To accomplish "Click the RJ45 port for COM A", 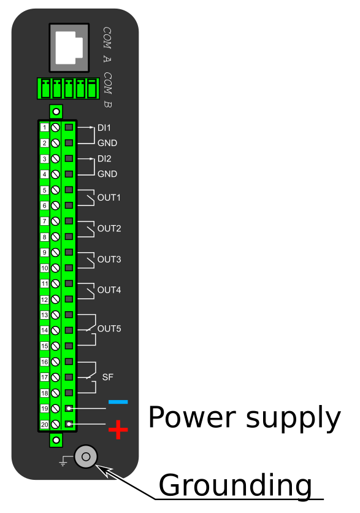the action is point(69,48).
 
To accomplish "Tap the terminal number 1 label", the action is point(45,127).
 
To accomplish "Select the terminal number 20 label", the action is point(45,425).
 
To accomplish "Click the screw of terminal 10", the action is point(56,268).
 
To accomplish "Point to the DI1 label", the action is point(104,128).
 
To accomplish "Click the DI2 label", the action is point(104,159).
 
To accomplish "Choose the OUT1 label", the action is point(109,198).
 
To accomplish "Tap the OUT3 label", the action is point(109,260).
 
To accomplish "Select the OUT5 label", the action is point(109,328).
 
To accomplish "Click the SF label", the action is point(107,377).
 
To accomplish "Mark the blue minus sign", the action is point(118,402).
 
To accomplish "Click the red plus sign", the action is point(118,430).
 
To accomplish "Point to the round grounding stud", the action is point(86,457).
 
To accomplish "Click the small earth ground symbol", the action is point(63,461).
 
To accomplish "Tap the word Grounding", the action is point(235,486).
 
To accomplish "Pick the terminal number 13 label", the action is point(45,315).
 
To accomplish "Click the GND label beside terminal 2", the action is point(107,143).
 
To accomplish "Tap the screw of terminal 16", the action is point(56,361).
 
